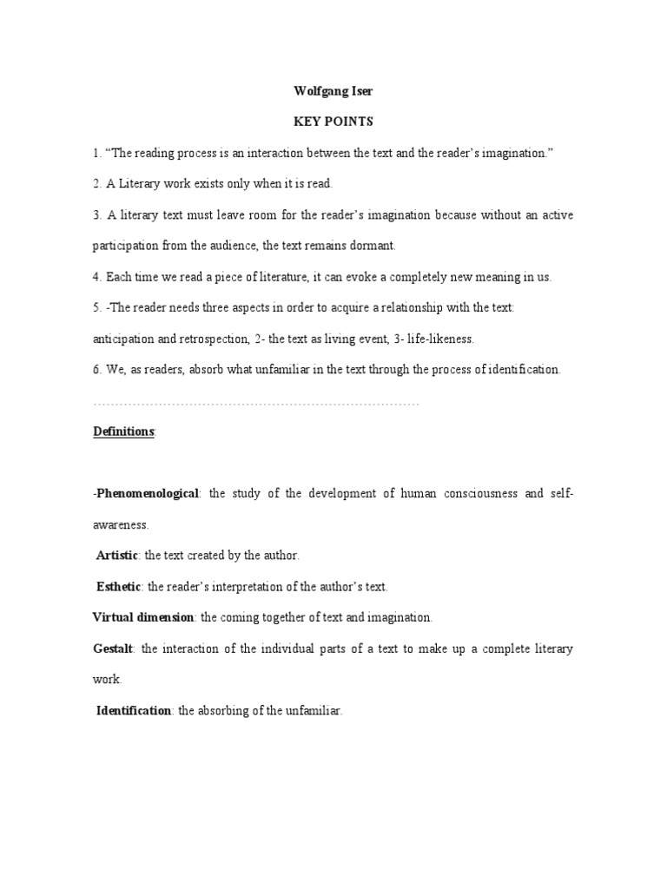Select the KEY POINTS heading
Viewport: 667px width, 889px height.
coord(333,123)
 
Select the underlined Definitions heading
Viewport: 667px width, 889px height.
coord(123,431)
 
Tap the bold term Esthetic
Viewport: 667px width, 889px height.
coord(118,586)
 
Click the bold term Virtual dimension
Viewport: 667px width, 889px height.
coord(145,617)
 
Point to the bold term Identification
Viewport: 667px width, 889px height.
coord(133,710)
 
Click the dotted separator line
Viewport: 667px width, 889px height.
coord(255,404)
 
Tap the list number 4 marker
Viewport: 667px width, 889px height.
coord(96,277)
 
